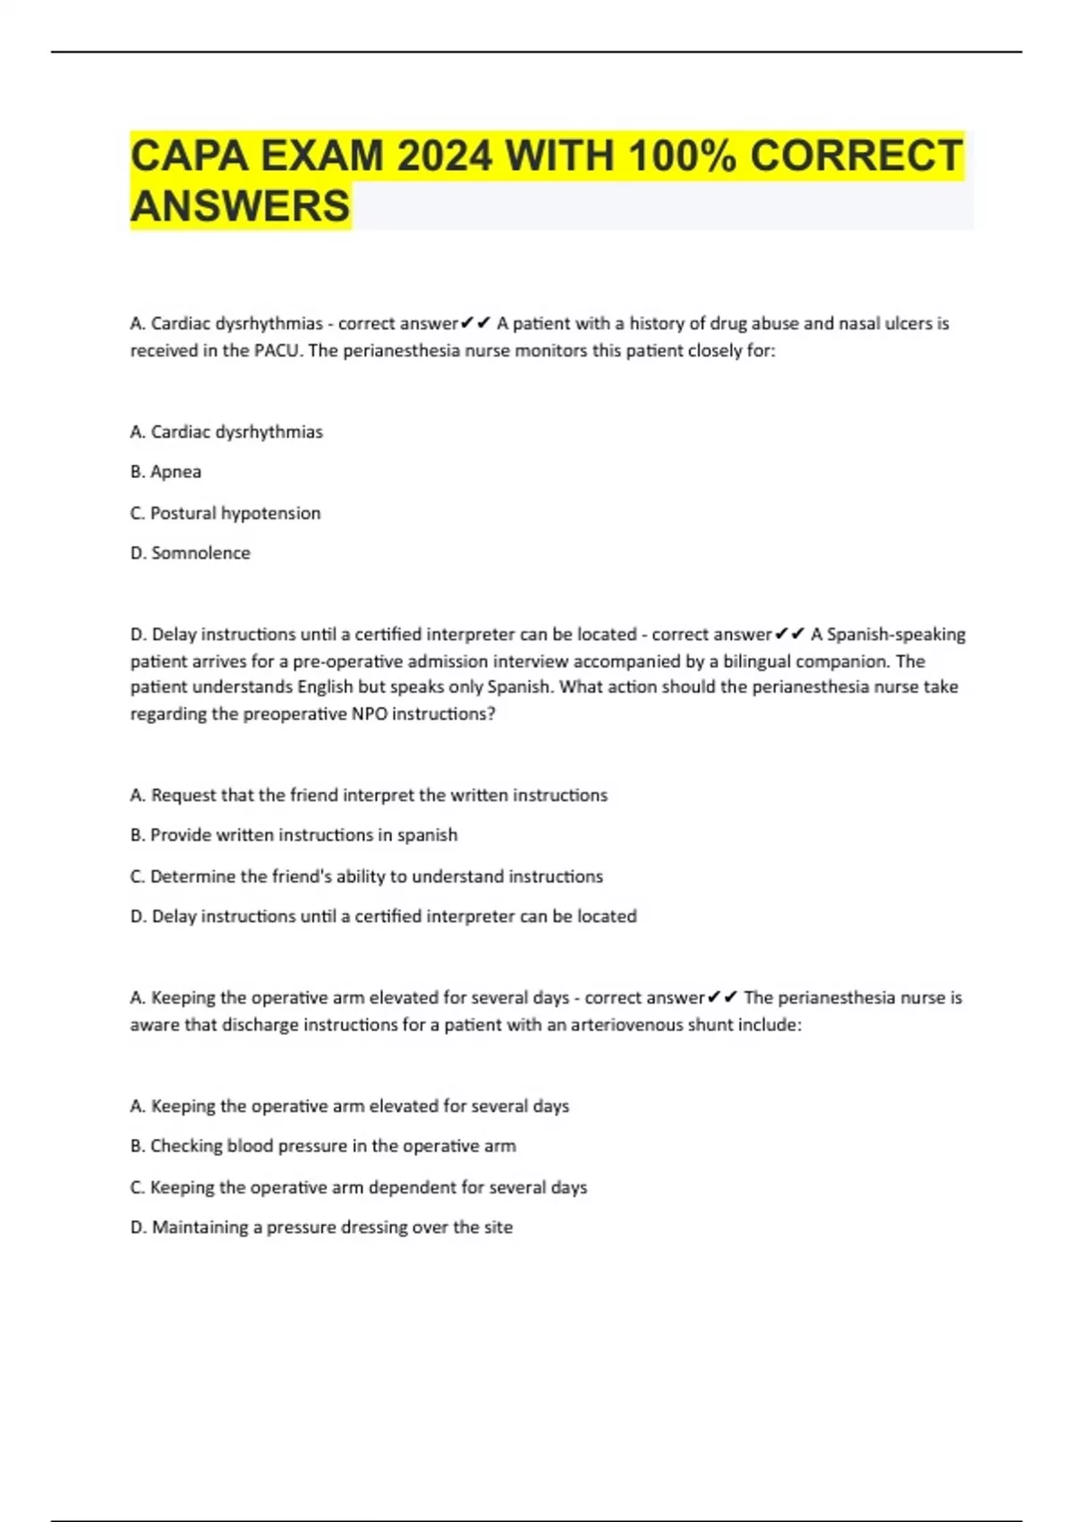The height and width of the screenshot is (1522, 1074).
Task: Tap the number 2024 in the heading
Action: pyautogui.click(x=444, y=157)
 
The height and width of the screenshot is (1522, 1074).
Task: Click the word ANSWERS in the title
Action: pyautogui.click(x=240, y=207)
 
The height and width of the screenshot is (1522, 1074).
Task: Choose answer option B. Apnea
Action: pyautogui.click(x=166, y=472)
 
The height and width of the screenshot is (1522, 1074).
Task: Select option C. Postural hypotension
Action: pyautogui.click(x=226, y=513)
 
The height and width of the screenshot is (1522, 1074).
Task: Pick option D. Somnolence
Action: pyautogui.click(x=191, y=553)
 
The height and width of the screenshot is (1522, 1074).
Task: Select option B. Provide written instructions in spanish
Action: pyautogui.click(x=294, y=835)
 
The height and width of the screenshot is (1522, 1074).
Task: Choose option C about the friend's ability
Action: pyautogui.click(x=367, y=876)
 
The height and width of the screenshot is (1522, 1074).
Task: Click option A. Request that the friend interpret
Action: pyautogui.click(x=369, y=795)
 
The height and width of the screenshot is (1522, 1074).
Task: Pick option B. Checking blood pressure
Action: pyautogui.click(x=323, y=1146)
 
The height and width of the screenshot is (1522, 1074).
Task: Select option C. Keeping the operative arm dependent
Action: pyautogui.click(x=359, y=1187)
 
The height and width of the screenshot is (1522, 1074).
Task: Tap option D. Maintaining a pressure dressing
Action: pyautogui.click(x=321, y=1227)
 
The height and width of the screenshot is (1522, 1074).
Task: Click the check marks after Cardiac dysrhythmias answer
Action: pyautogui.click(x=475, y=323)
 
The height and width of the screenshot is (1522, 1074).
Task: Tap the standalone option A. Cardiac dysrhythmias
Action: pyautogui.click(x=226, y=432)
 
